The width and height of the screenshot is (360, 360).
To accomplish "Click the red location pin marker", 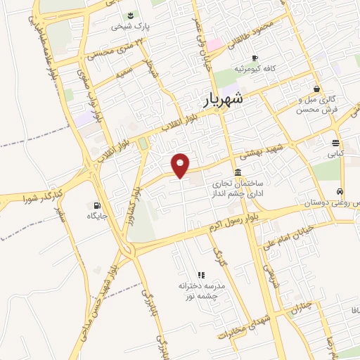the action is pos(181,165).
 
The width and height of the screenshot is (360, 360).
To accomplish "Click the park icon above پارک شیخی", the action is pos(130,15).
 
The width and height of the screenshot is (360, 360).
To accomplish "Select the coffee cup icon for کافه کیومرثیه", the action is pos(255,58).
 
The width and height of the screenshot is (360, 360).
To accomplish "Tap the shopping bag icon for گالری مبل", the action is pos(318,89).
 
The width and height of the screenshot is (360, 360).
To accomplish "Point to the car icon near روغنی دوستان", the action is pos(340,191).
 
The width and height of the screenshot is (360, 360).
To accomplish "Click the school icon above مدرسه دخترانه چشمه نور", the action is pos(200,275).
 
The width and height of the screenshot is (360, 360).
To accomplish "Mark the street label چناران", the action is pos(301,307).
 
